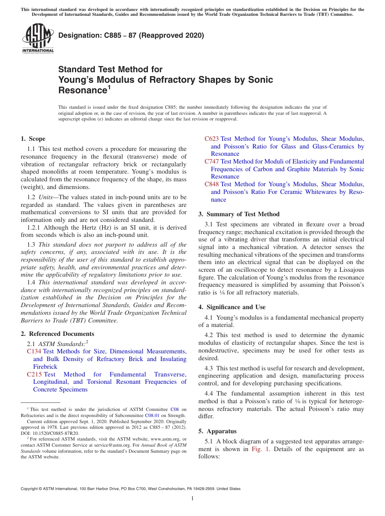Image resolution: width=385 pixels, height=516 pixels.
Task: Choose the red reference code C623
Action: [x=212, y=139]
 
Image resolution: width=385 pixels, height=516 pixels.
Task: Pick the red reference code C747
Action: [x=212, y=161]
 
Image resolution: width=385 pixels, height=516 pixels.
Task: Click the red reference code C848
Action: [x=212, y=185]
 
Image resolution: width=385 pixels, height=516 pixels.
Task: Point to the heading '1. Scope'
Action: [x=33, y=139]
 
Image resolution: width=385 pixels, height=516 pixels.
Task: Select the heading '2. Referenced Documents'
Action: [x=58, y=334]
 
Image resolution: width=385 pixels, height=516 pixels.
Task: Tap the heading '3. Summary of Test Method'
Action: [x=239, y=214]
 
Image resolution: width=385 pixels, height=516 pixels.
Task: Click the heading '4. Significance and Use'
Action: [x=232, y=307]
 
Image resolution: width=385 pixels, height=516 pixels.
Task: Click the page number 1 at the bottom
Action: [x=192, y=499]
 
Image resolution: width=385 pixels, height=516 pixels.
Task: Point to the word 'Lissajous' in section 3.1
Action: [x=349, y=270]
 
